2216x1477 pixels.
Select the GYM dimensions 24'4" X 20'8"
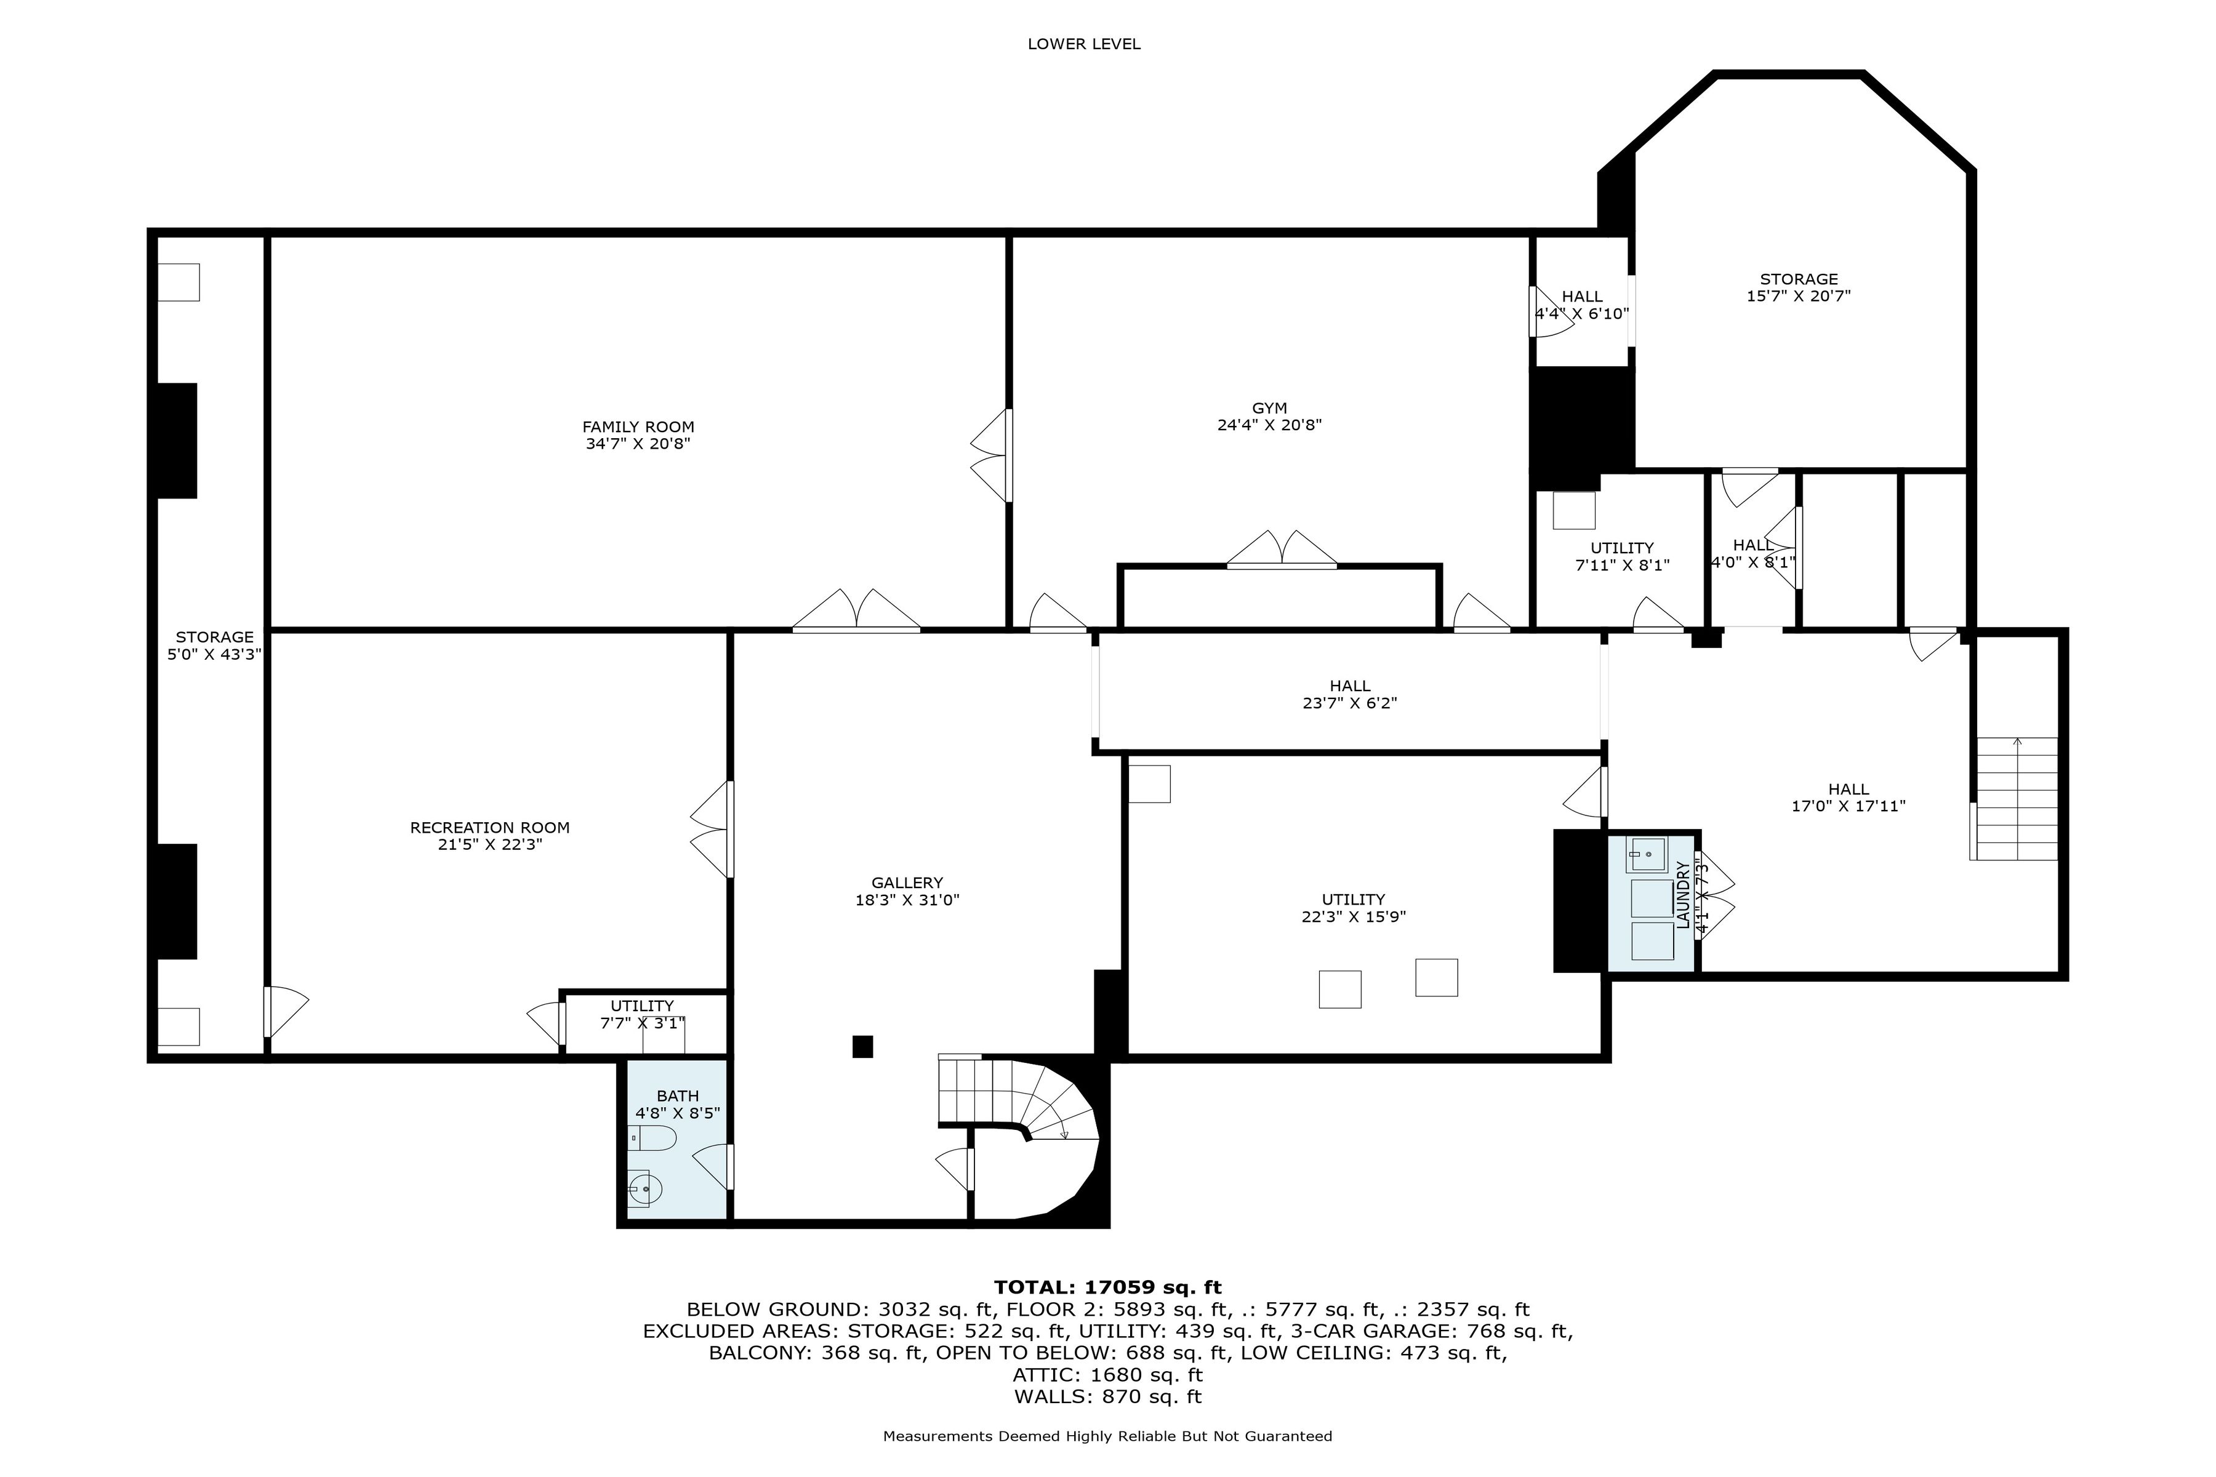tap(1269, 425)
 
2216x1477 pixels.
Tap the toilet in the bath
tap(652, 1139)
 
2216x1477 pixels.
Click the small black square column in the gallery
tap(862, 1047)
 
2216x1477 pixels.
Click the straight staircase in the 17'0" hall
tap(2017, 799)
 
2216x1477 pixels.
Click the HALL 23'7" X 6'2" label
tap(1349, 694)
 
